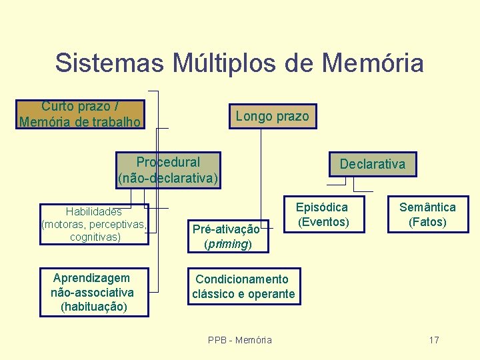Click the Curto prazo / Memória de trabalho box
click(80, 114)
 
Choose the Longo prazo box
click(272, 117)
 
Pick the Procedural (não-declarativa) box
click(168, 170)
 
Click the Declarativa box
click(372, 164)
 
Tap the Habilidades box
click(94, 224)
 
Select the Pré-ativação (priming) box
click(227, 237)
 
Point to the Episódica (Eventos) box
click(323, 214)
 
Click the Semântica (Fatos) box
click(427, 214)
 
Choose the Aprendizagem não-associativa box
click(93, 292)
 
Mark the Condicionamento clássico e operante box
click(243, 287)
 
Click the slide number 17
click(434, 340)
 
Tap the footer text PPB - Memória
click(240, 340)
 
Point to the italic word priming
click(227, 244)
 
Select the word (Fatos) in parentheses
click(427, 221)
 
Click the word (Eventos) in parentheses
click(323, 221)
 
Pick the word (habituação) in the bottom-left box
click(93, 307)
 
